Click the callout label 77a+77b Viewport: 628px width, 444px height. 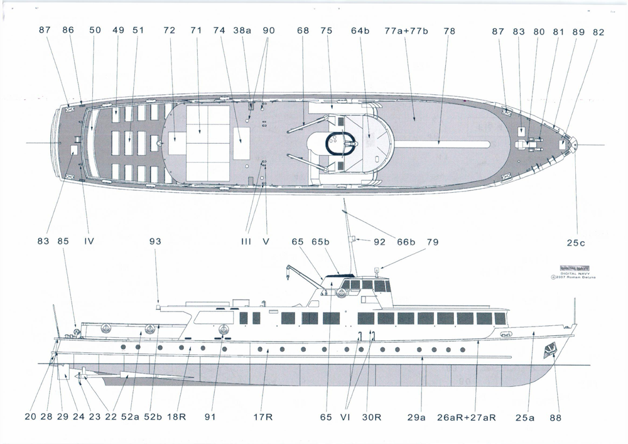pos(406,31)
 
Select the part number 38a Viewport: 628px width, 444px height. pos(242,31)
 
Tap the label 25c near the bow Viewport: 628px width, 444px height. pos(577,241)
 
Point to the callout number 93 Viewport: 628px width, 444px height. pos(155,241)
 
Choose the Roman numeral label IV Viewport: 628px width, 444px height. pos(89,241)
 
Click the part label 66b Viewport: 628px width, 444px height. pos(406,241)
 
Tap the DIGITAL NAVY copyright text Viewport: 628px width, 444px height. pos(578,275)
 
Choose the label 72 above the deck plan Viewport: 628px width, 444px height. pos(169,31)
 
